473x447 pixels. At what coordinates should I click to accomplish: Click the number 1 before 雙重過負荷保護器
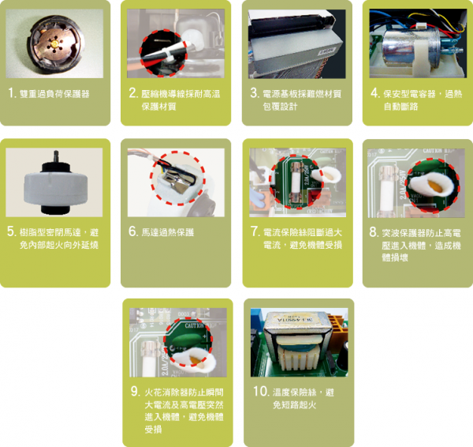pos(12,93)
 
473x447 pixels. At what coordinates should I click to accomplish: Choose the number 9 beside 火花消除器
pos(134,391)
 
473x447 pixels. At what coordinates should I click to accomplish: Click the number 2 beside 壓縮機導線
pos(133,93)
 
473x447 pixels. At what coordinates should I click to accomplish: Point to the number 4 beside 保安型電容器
pos(374,93)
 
